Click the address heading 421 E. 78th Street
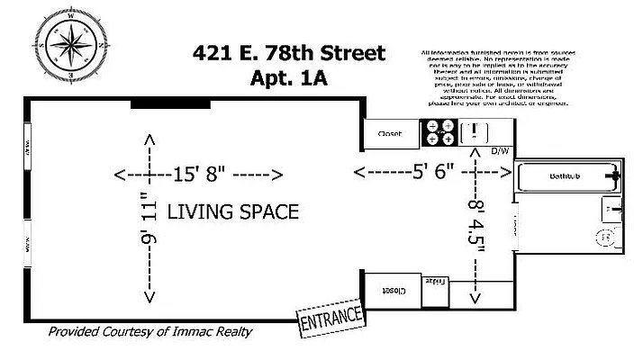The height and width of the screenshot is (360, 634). coord(288,54)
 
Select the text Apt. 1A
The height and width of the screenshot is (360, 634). coord(288,78)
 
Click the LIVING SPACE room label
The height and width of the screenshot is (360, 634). coord(232,211)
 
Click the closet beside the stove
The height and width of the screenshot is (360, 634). coord(391,134)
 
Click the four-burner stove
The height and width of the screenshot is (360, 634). coord(439,133)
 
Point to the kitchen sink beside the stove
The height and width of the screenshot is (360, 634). coord(474,133)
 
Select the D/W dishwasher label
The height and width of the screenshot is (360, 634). coord(500,150)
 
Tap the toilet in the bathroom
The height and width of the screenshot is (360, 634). coord(607,238)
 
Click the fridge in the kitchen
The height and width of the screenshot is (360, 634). coord(435,283)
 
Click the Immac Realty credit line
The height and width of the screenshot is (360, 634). coord(150,332)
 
